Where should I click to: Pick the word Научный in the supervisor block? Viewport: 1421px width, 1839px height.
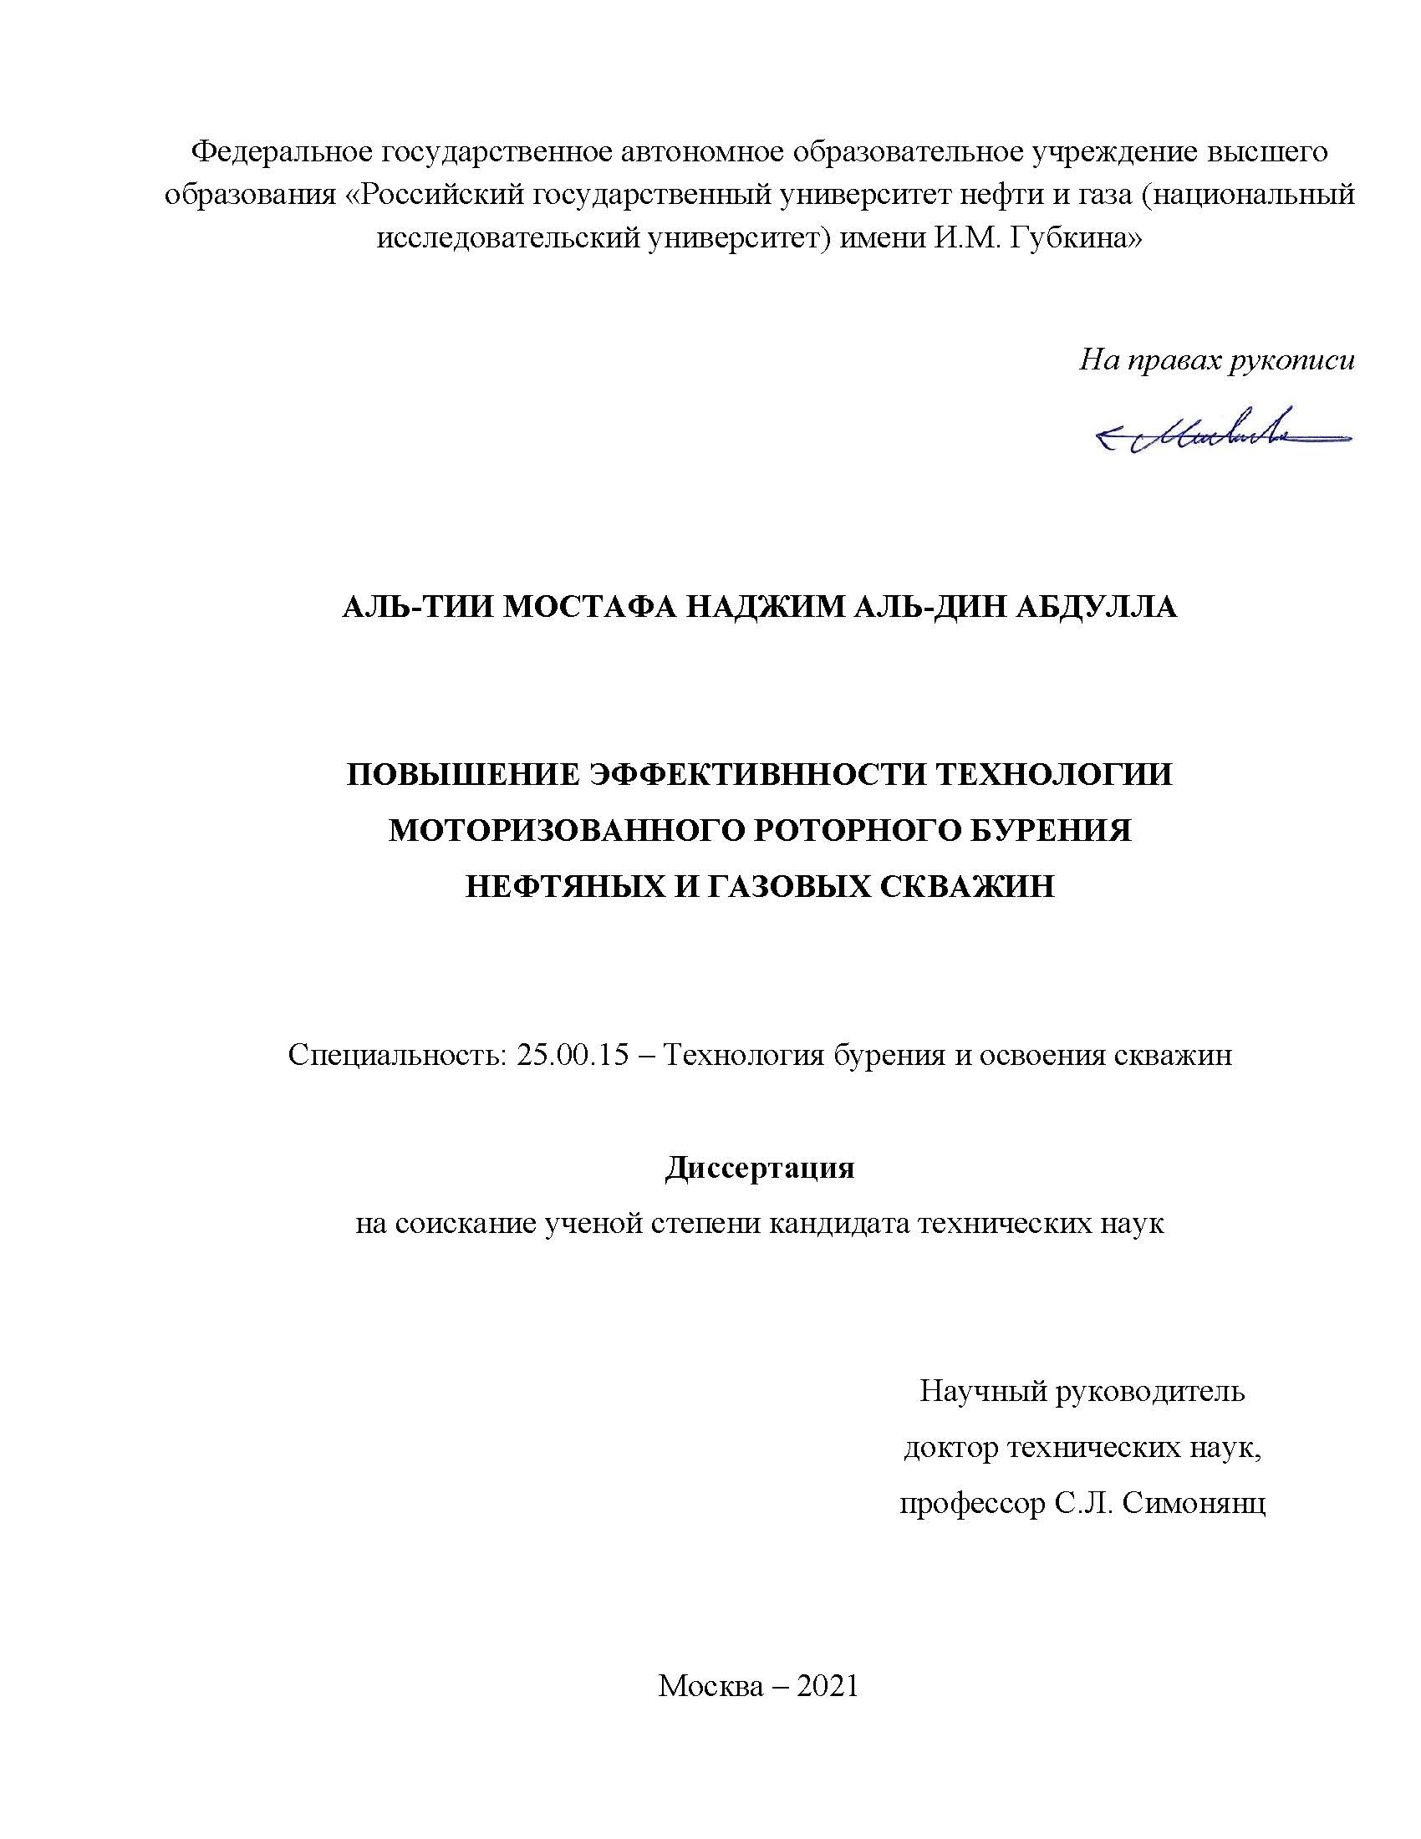pyautogui.click(x=981, y=1391)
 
